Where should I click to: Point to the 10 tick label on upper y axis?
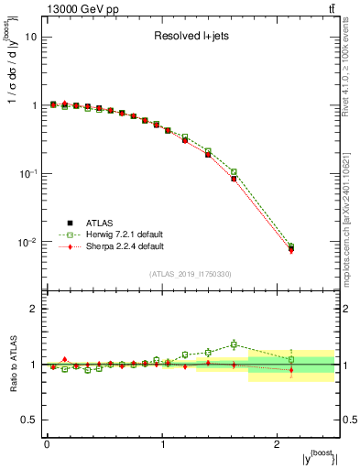(30, 38)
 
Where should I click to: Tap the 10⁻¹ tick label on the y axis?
(27, 173)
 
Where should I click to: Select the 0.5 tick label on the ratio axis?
(28, 420)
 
